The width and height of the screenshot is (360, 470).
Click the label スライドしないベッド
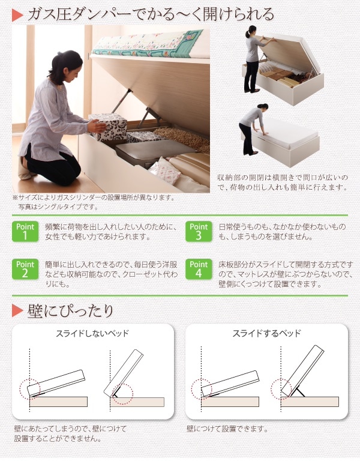(x=92, y=333)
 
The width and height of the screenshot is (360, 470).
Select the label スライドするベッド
(x=266, y=333)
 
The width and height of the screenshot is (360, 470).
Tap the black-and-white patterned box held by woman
(x=108, y=126)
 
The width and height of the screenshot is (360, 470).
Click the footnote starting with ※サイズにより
(x=93, y=197)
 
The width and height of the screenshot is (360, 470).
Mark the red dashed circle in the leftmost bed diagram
(x=29, y=388)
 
